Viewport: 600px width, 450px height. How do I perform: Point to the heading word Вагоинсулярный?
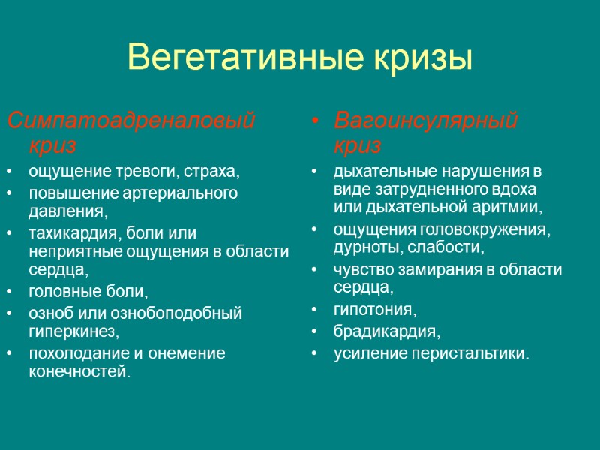click(426, 119)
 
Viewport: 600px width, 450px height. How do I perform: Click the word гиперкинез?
click(73, 330)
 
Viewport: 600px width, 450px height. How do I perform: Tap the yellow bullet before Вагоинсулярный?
click(317, 121)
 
